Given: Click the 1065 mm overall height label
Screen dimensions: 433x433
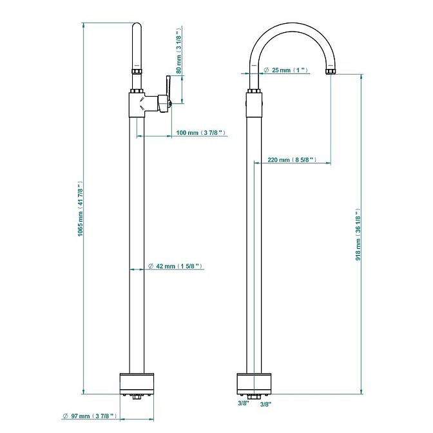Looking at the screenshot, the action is coord(80,209).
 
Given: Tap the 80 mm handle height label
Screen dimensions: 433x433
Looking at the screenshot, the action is coord(178,50).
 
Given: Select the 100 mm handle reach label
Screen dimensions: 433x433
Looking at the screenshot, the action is coord(201,133).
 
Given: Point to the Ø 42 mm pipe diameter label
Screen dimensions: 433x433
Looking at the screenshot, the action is coord(175,266).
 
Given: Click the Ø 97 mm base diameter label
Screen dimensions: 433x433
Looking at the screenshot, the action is coord(90,416).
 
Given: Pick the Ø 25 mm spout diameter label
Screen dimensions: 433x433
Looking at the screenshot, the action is coord(286,70).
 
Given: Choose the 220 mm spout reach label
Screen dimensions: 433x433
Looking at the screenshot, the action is coord(292,160).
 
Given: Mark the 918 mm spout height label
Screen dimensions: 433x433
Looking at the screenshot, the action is coord(358,235).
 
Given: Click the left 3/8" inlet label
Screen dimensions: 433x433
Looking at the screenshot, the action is coord(244,403).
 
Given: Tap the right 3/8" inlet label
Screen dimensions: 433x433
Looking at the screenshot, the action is coord(265,405).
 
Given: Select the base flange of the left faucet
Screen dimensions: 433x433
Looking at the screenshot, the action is coord(137,384).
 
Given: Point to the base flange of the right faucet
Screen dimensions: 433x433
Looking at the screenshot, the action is coord(254,384).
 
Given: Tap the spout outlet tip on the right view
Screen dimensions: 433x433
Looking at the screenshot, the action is coord(331,72).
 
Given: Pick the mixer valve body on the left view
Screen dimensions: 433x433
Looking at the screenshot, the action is coord(137,104).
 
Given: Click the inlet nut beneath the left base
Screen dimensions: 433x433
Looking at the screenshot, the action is coord(137,397).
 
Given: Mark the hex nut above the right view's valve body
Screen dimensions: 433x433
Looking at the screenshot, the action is coord(254,91).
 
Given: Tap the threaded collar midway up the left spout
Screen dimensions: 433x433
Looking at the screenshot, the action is coord(137,72).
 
